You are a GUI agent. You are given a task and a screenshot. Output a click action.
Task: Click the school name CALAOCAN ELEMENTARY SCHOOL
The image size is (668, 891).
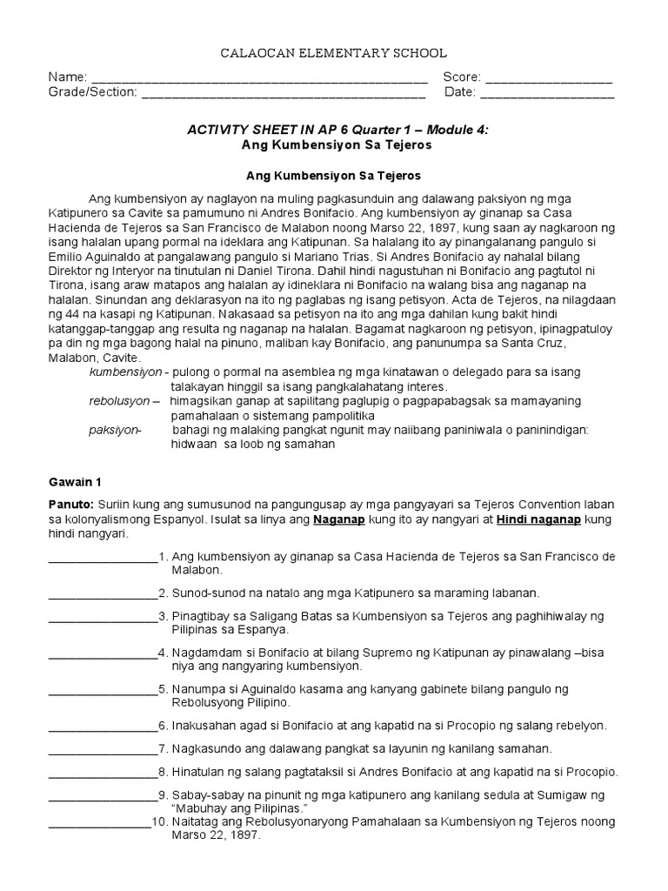click(x=333, y=54)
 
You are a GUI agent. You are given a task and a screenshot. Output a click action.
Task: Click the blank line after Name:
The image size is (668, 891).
click(x=259, y=79)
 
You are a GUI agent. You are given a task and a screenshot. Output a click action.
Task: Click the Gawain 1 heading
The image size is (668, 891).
click(x=75, y=481)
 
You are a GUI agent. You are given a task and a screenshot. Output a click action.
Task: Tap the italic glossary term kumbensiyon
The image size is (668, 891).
click(x=125, y=372)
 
